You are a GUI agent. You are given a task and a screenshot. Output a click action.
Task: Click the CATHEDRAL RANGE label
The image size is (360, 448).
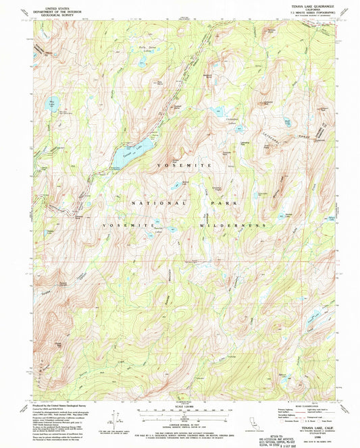(297, 125)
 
